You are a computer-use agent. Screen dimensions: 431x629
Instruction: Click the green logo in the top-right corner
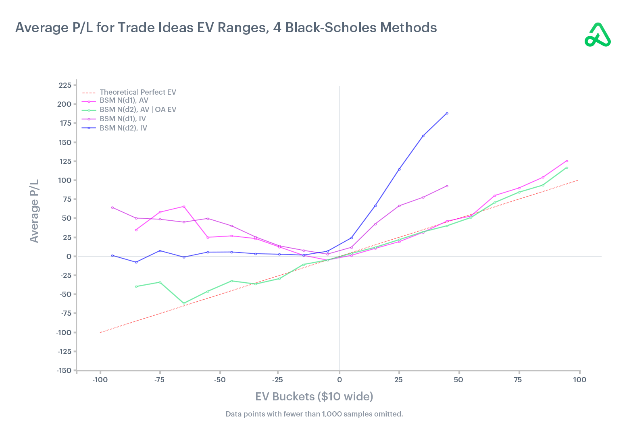(x=598, y=35)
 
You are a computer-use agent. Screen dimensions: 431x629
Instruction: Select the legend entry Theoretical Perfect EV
(x=137, y=92)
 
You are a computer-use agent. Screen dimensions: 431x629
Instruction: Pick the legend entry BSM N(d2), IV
(x=123, y=128)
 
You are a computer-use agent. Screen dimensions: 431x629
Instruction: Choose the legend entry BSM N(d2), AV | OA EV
(x=137, y=110)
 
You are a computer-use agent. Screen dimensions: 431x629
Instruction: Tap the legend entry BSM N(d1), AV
(x=124, y=100)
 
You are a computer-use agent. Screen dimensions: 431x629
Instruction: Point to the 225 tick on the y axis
(x=65, y=85)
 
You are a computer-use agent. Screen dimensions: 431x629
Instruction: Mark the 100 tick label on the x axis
(x=579, y=380)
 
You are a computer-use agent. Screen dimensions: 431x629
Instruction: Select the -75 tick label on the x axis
(x=159, y=380)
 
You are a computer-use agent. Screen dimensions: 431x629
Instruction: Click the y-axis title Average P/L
(x=35, y=211)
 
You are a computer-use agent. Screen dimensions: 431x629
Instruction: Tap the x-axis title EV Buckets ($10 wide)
(x=314, y=397)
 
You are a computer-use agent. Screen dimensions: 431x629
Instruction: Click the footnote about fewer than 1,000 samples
(x=314, y=414)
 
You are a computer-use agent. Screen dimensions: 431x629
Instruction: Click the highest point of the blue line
(x=447, y=113)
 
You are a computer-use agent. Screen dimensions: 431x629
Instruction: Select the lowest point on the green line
(x=184, y=303)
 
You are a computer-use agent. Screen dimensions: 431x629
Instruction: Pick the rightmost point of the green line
(x=567, y=168)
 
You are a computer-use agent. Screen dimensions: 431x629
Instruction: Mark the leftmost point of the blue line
(x=112, y=255)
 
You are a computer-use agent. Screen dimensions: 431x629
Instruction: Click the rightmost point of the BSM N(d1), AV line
(x=567, y=161)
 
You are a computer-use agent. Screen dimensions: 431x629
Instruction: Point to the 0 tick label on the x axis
(x=339, y=380)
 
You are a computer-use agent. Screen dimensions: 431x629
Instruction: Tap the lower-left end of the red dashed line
(x=100, y=332)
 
